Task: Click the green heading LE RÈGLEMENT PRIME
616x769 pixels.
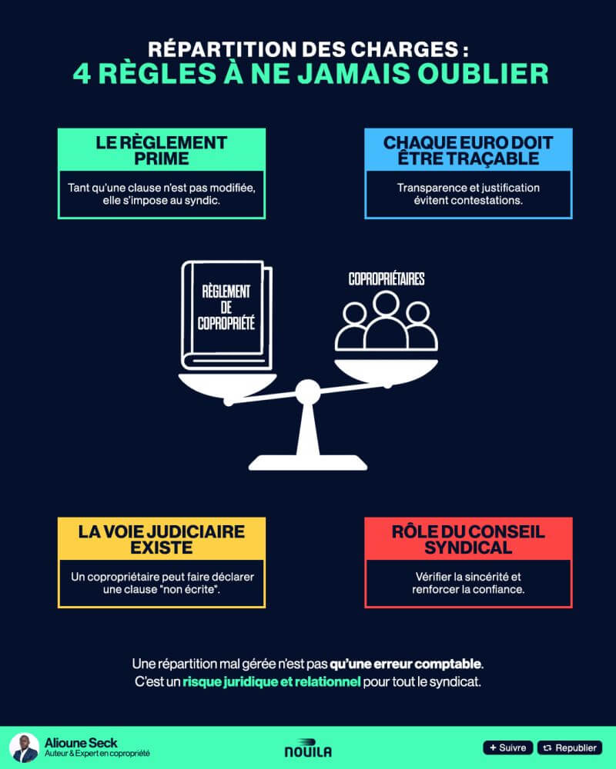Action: [x=162, y=151]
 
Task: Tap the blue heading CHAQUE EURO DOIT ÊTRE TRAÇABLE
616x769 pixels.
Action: [x=468, y=151]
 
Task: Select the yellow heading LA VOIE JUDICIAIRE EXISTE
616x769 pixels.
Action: [x=162, y=540]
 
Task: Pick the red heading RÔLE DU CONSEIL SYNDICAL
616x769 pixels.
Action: [x=468, y=540]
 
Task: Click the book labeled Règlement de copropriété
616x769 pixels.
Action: [x=226, y=315]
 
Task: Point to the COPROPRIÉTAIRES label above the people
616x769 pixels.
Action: [x=386, y=278]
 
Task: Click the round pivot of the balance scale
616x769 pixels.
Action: [x=307, y=392]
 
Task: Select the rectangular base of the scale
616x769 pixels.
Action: [x=308, y=460]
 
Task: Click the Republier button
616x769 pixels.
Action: [x=570, y=747]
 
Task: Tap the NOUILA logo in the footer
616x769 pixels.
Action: [x=308, y=749]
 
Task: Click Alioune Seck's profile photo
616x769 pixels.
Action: [x=24, y=747]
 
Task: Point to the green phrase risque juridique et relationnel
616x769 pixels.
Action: [x=271, y=682]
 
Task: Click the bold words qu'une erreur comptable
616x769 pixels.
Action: [x=406, y=663]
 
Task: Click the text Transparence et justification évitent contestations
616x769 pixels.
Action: [x=468, y=194]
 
